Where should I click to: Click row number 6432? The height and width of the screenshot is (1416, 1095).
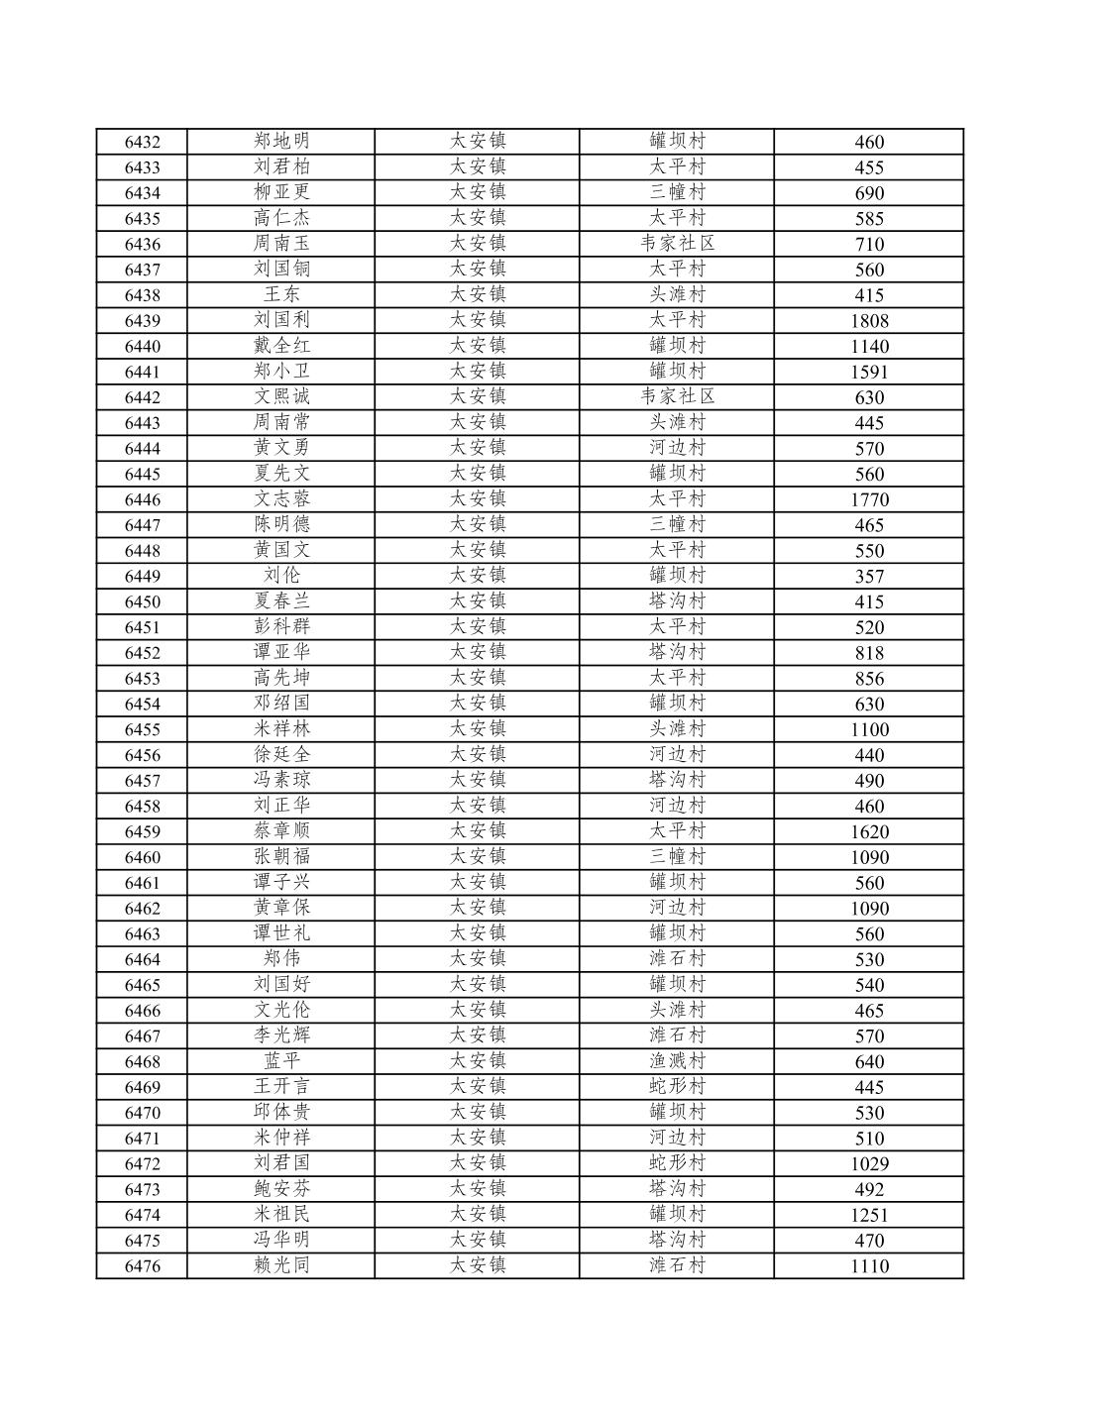point(142,142)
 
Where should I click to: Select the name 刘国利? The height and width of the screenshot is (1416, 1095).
point(281,320)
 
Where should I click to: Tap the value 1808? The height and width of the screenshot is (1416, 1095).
point(869,321)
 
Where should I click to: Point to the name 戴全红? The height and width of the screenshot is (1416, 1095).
point(281,346)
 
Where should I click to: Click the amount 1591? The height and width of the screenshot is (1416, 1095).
point(869,373)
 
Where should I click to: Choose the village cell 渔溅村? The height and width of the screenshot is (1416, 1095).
point(677,1061)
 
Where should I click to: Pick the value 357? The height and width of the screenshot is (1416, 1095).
point(869,577)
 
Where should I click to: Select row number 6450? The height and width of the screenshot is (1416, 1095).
point(142,601)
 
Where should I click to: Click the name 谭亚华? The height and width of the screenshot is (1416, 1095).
point(281,652)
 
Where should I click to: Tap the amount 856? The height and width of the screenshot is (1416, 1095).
point(869,679)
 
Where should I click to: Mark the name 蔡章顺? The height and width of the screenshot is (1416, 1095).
point(281,831)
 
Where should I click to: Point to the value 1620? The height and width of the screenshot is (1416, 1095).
point(869,832)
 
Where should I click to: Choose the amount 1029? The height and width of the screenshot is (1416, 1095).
point(869,1164)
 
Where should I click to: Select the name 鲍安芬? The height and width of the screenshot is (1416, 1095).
point(281,1189)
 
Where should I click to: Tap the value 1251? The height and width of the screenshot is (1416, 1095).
point(869,1216)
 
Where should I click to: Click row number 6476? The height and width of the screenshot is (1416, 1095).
point(142,1266)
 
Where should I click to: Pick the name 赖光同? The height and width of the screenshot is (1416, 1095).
point(281,1265)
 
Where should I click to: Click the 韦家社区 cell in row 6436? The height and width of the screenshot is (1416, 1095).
point(677,244)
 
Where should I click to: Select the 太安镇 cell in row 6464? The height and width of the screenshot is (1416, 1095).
point(478,959)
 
